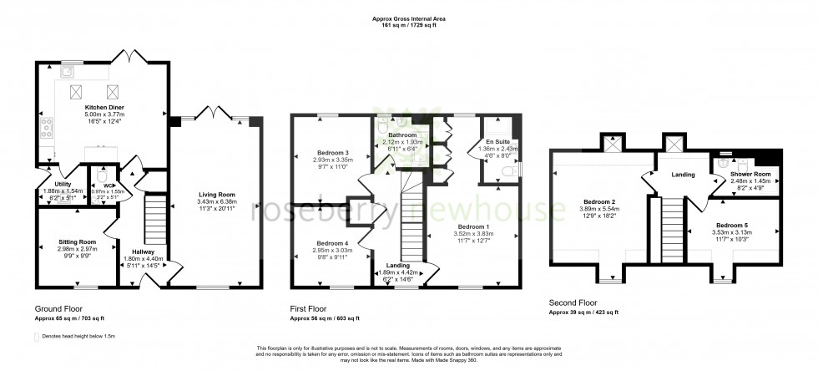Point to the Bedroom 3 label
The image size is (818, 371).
tap(333, 152)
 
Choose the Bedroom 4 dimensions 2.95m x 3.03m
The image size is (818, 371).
tap(333, 249)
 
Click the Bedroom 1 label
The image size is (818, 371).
tap(473, 225)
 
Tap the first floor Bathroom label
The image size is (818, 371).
tap(401, 135)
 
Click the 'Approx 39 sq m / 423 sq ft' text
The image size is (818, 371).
tap(583, 312)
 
